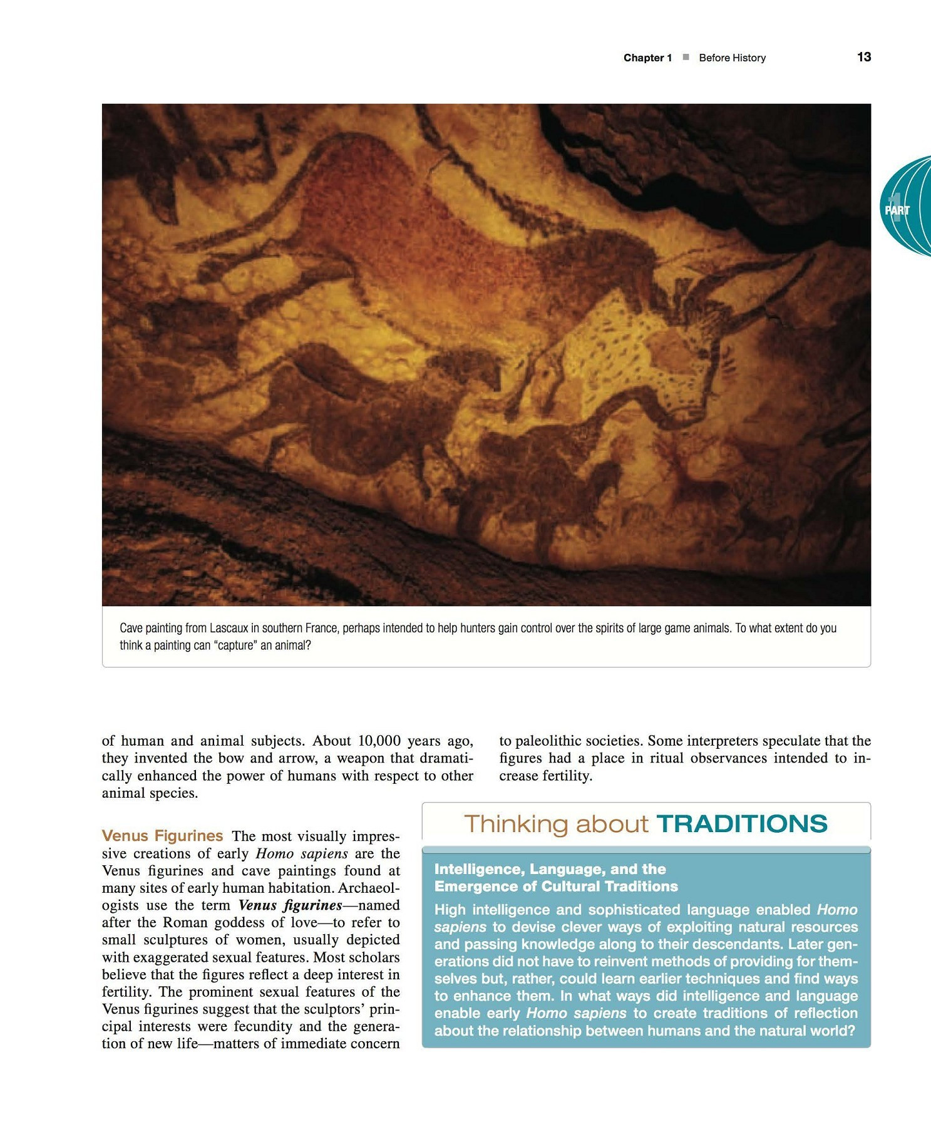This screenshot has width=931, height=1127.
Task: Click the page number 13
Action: point(863,57)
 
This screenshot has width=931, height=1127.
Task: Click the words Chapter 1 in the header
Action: point(647,58)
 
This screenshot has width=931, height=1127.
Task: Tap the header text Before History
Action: point(732,58)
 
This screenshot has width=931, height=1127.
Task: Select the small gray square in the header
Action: point(686,58)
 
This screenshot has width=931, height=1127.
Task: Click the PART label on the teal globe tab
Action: point(897,210)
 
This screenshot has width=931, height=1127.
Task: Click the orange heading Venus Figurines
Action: point(162,836)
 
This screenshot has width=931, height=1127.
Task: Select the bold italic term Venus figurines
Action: point(290,905)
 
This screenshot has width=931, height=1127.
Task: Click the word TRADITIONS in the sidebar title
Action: point(742,824)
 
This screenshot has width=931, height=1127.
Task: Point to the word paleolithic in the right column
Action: point(548,741)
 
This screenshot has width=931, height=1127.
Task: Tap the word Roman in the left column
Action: point(185,923)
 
